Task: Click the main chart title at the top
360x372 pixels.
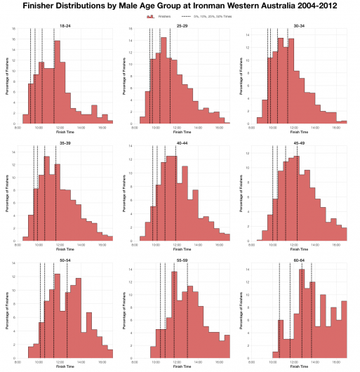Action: pyautogui.click(x=180, y=6)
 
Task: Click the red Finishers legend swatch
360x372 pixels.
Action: pyautogui.click(x=149, y=15)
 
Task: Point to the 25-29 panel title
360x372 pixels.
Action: pyautogui.click(x=182, y=26)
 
